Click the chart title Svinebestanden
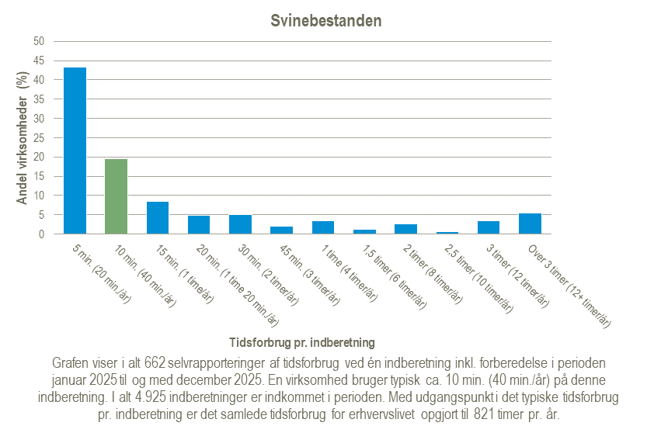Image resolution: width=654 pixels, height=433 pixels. (326, 21)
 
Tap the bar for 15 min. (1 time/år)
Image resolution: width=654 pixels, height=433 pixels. (158, 218)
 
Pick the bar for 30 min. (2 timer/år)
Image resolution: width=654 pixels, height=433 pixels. (240, 224)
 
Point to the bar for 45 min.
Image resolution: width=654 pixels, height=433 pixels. (281, 230)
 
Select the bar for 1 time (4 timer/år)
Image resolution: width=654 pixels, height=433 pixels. (323, 227)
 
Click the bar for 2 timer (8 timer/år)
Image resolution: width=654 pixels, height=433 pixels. (405, 229)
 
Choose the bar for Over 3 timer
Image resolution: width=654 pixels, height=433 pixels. (530, 223)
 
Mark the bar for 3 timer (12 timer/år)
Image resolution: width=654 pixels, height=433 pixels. (489, 227)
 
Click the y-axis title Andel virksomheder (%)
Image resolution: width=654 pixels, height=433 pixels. (23, 138)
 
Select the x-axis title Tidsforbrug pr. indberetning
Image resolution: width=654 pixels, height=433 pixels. (303, 341)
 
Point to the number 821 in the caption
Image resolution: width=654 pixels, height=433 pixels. (474, 414)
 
